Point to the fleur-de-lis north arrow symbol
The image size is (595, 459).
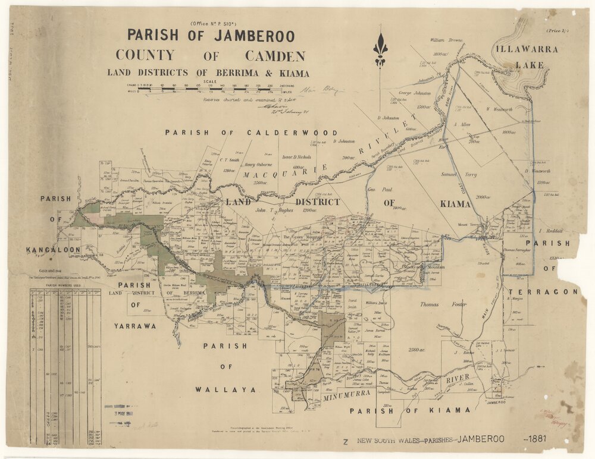click(x=380, y=51)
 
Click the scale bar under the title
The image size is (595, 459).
click(x=205, y=89)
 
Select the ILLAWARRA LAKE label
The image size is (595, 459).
click(x=524, y=57)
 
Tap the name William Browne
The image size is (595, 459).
click(x=447, y=40)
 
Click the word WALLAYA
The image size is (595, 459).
click(x=226, y=389)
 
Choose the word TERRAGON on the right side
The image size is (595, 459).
click(x=554, y=292)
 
